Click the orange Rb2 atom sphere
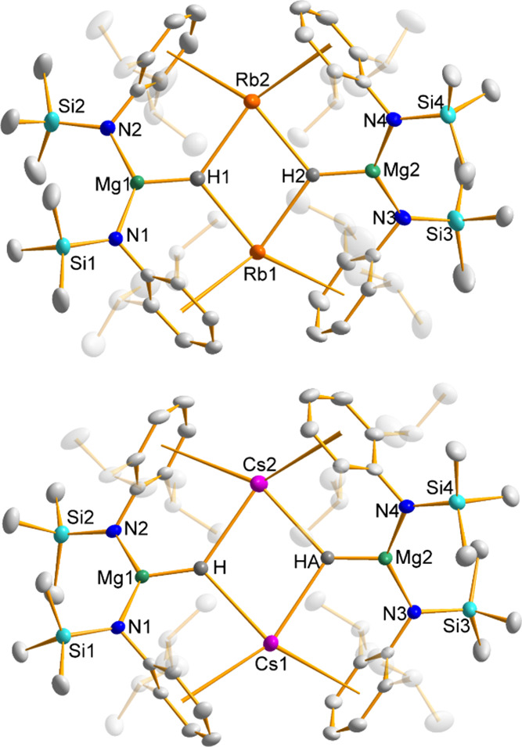pos(250,102)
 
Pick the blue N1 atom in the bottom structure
pos(120,627)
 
